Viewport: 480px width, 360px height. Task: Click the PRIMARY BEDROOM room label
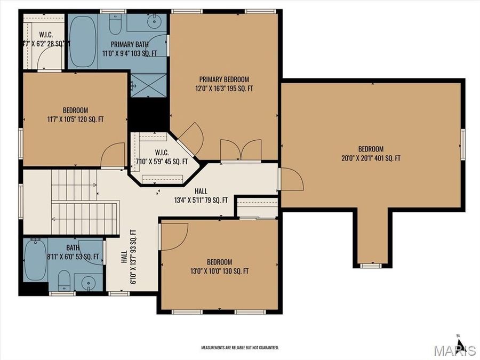pyautogui.click(x=224, y=84)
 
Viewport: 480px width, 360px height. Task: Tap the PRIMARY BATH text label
pyautogui.click(x=130, y=49)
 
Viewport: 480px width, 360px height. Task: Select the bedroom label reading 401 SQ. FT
pyautogui.click(x=371, y=154)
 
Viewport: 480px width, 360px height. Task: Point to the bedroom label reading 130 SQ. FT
pyautogui.click(x=220, y=267)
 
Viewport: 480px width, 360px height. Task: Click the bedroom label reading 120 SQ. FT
pyautogui.click(x=75, y=115)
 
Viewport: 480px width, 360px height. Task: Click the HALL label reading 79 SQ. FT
pyautogui.click(x=201, y=196)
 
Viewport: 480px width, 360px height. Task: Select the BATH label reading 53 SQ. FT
pyautogui.click(x=73, y=252)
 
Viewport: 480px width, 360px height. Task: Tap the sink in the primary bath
pyautogui.click(x=155, y=22)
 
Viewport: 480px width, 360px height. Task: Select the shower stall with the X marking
pyautogui.click(x=149, y=85)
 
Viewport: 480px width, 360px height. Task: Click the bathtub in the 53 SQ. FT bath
pyautogui.click(x=35, y=260)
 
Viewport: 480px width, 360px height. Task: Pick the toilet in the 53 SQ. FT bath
pyautogui.click(x=63, y=279)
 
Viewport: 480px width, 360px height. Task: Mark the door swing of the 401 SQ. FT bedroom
pyautogui.click(x=291, y=179)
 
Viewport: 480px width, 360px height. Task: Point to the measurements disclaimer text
pyautogui.click(x=239, y=348)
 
